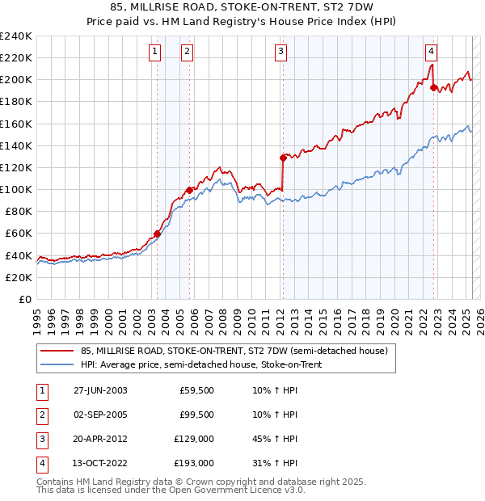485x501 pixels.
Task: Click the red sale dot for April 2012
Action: pyautogui.click(x=284, y=158)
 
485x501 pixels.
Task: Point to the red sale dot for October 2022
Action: pyautogui.click(x=434, y=87)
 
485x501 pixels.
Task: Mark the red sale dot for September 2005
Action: pyautogui.click(x=189, y=190)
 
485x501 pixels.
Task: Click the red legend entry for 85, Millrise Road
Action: pyautogui.click(x=234, y=352)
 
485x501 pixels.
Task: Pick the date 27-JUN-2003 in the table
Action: pyautogui.click(x=100, y=390)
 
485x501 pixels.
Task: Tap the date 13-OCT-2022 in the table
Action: pyautogui.click(x=100, y=463)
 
